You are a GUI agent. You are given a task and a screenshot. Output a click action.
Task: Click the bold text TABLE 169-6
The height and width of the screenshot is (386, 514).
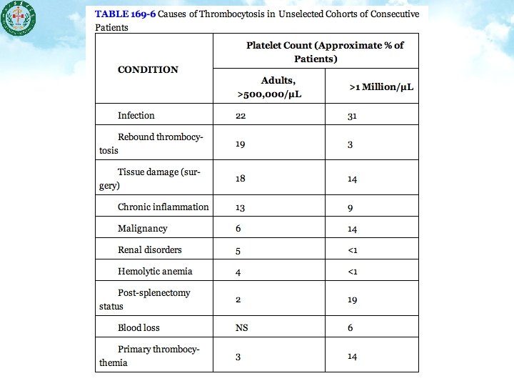point(125,13)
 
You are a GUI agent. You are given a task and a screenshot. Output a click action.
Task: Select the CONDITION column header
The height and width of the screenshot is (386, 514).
point(148,69)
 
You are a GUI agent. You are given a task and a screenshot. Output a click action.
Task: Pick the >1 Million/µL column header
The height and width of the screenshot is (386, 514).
point(381,87)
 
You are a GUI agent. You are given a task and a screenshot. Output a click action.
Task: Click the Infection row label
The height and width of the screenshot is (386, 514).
point(136,115)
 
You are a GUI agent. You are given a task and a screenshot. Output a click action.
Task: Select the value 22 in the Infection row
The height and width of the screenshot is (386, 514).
point(241,115)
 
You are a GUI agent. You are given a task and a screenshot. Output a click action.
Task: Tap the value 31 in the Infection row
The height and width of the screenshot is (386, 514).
point(352,116)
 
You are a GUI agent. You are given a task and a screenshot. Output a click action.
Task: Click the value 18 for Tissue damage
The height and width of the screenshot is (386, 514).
point(241,178)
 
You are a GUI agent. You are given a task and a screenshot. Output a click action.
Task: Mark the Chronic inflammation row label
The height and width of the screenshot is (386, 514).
point(163,207)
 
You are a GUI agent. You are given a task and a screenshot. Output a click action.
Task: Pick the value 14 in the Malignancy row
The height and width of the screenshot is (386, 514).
point(352,229)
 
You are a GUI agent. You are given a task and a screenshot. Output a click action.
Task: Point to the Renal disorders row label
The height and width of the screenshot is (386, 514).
point(149,249)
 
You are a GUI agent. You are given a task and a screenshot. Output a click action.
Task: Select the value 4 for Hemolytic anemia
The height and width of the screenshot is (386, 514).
point(238,271)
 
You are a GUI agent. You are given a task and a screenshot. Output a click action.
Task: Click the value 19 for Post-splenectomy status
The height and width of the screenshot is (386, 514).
point(352,300)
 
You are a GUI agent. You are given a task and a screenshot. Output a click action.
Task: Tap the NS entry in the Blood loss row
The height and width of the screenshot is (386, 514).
point(241,327)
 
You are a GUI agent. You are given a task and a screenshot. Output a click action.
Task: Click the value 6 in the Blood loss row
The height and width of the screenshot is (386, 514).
point(350,327)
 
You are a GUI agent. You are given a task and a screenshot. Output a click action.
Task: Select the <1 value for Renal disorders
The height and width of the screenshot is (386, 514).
point(352,250)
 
